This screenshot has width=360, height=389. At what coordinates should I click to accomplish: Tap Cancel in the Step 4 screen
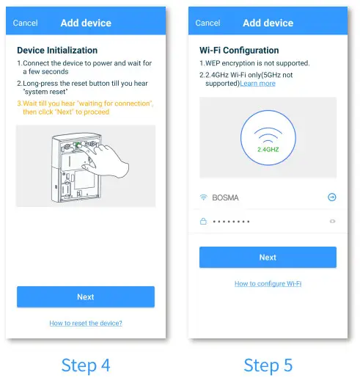[26, 23]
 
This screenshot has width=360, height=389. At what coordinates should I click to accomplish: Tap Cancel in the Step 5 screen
[207, 23]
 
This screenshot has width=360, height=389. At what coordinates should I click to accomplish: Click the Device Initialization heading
[57, 51]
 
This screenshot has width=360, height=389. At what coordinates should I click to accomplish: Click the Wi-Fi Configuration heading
[239, 51]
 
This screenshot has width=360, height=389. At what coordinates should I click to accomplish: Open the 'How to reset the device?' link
[86, 323]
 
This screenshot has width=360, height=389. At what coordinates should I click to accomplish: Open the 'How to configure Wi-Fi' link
[268, 283]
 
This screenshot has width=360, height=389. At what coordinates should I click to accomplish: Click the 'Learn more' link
[258, 84]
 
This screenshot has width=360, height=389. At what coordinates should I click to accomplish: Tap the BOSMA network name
[225, 197]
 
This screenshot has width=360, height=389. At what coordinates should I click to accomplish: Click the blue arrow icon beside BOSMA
[331, 197]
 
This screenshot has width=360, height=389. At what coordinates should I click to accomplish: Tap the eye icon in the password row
[331, 221]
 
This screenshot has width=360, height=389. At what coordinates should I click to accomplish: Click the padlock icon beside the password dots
[203, 221]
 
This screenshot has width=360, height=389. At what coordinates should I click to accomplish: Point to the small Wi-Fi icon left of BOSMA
[203, 197]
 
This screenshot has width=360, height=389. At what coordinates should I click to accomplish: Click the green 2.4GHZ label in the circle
[268, 149]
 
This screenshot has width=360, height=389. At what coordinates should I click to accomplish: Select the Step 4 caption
[86, 365]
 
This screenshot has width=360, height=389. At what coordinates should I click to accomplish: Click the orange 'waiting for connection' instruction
[85, 108]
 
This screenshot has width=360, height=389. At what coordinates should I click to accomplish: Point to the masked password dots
[231, 221]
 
